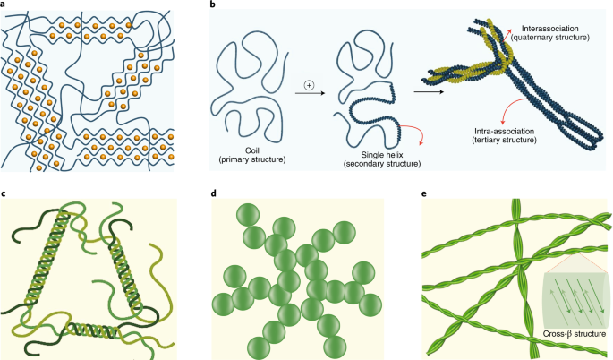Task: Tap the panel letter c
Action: pos(4,193)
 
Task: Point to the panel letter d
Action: pos(213,193)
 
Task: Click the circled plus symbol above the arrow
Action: pos(309,86)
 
